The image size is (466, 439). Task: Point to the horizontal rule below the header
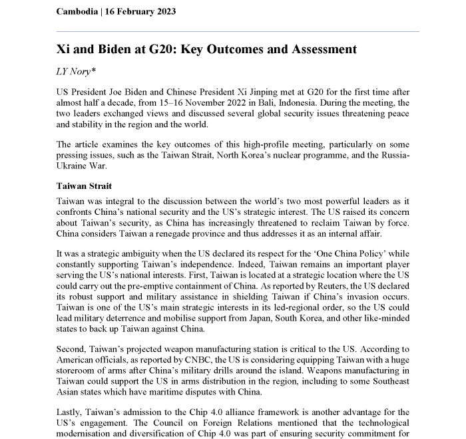(x=238, y=31)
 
